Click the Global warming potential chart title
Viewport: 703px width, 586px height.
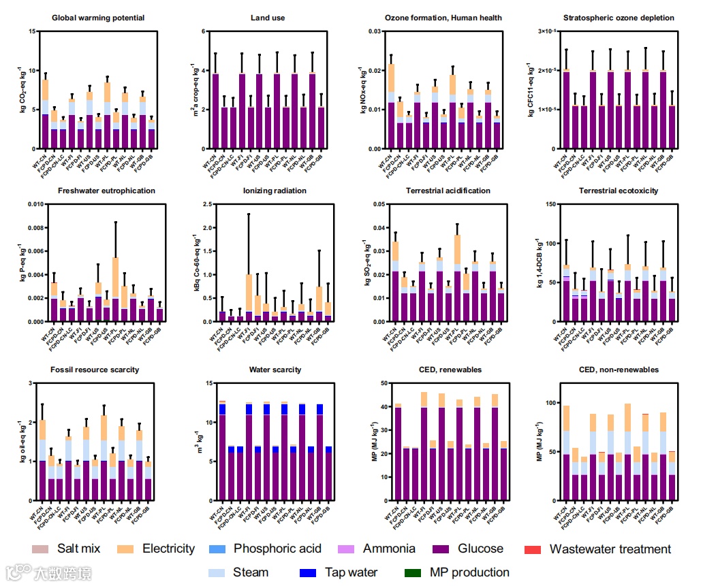[98, 18]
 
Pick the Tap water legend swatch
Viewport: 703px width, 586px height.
[309, 572]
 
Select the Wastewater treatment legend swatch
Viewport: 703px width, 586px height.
[534, 549]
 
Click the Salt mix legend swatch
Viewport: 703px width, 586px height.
[41, 549]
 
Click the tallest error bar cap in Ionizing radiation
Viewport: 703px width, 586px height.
[249, 214]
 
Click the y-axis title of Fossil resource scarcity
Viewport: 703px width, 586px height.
[23, 442]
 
